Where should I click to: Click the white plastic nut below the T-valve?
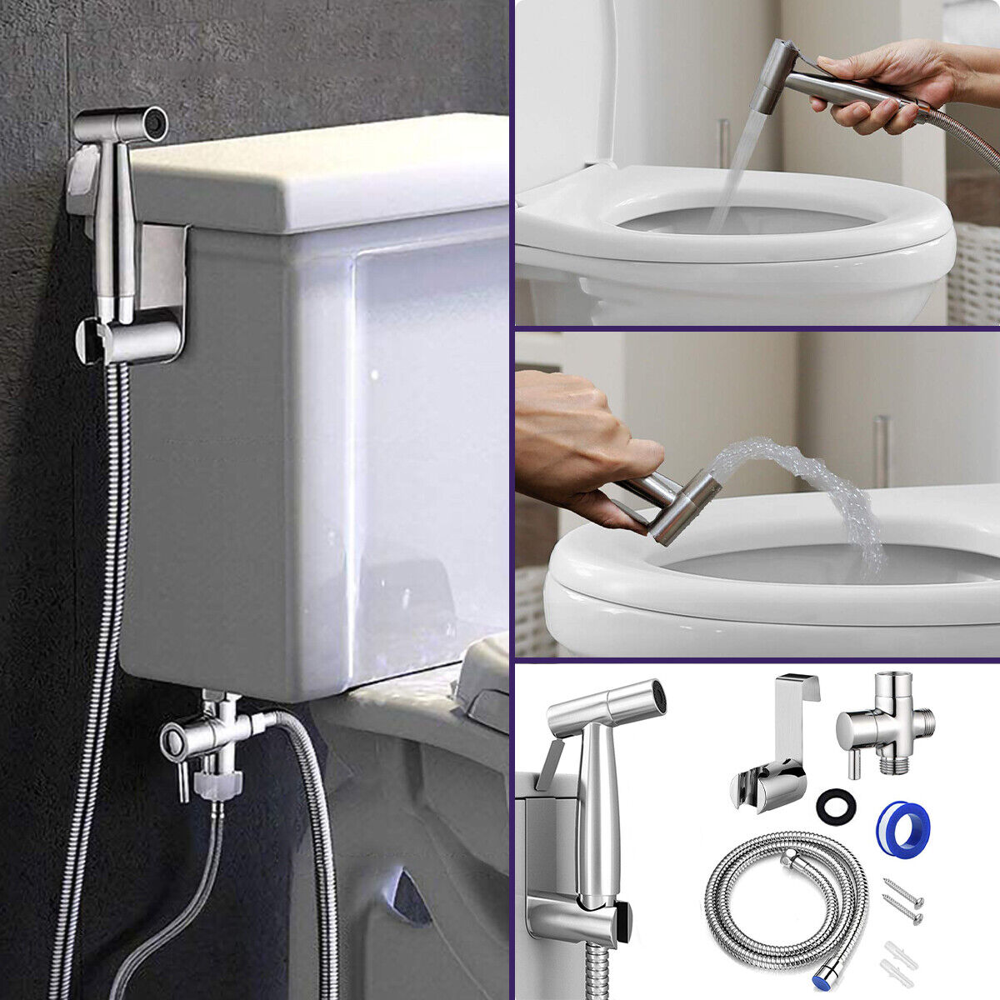pyautogui.click(x=216, y=783)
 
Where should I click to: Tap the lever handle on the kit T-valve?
pyautogui.click(x=852, y=764)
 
